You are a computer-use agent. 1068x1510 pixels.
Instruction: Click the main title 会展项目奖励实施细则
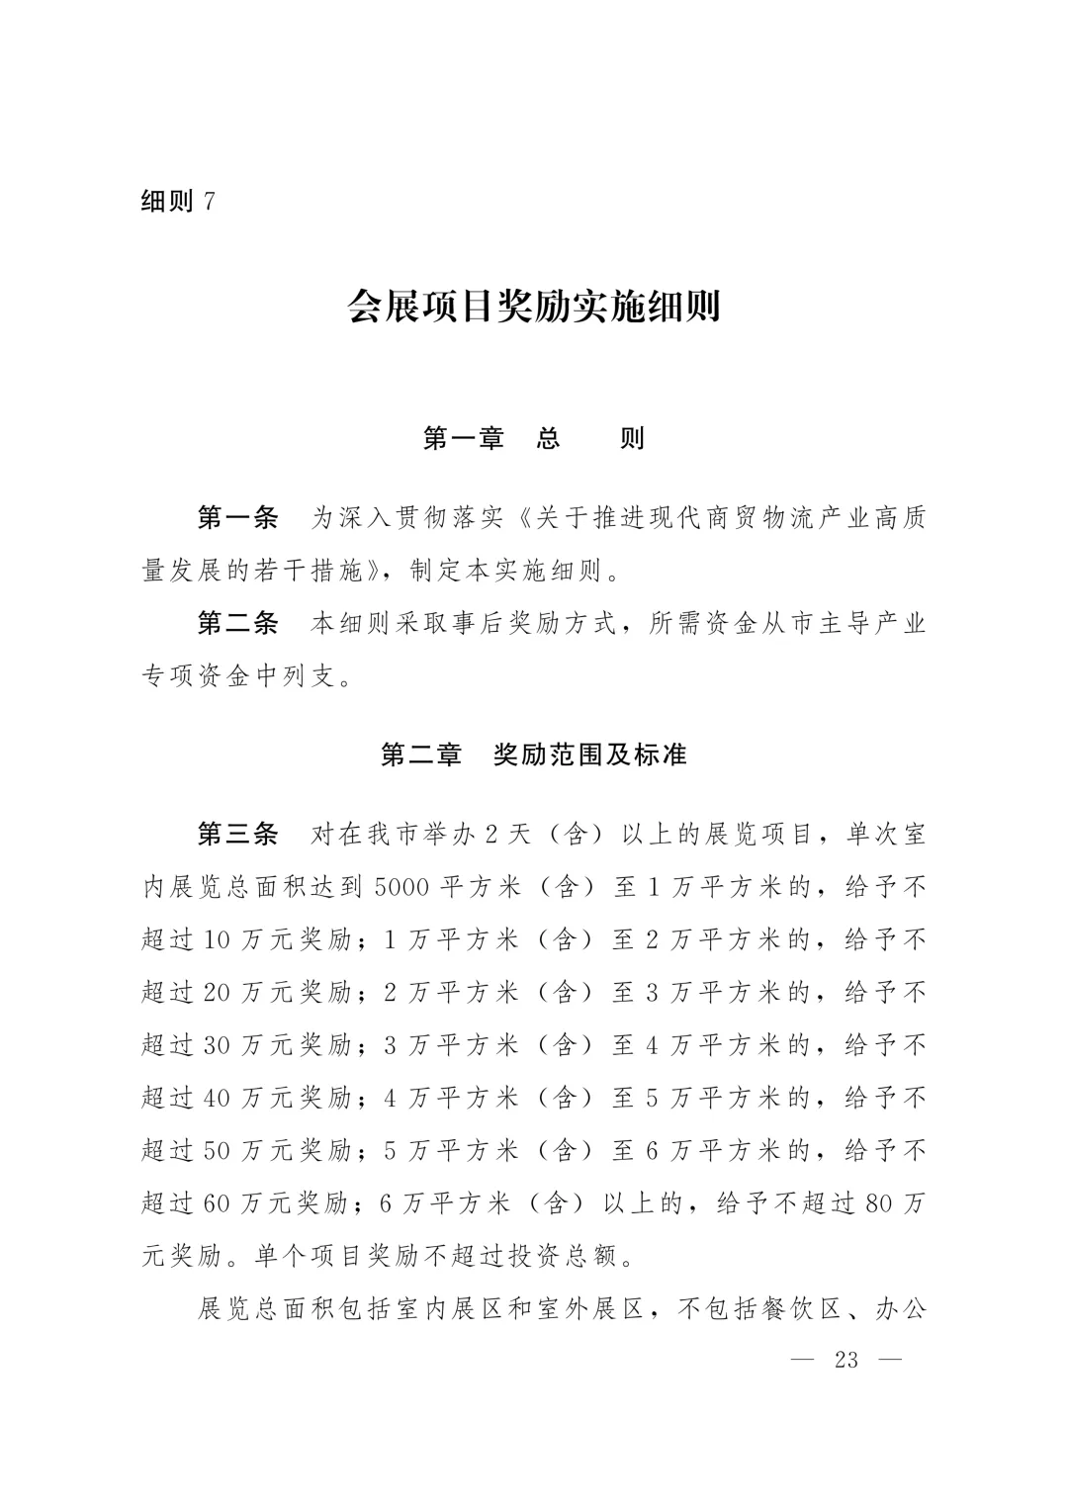533,308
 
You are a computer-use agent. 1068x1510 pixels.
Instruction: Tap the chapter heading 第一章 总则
533,439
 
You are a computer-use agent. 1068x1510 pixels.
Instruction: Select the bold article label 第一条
238,518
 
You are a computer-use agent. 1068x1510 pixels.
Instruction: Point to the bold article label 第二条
238,624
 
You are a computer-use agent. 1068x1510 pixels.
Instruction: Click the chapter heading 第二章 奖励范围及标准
533,755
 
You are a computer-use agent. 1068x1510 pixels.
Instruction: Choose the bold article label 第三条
238,835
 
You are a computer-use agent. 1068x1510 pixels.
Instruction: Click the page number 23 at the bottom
846,1360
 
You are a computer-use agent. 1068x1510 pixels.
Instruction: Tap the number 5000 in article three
401,887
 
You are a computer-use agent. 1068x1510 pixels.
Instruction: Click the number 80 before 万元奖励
879,1204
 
